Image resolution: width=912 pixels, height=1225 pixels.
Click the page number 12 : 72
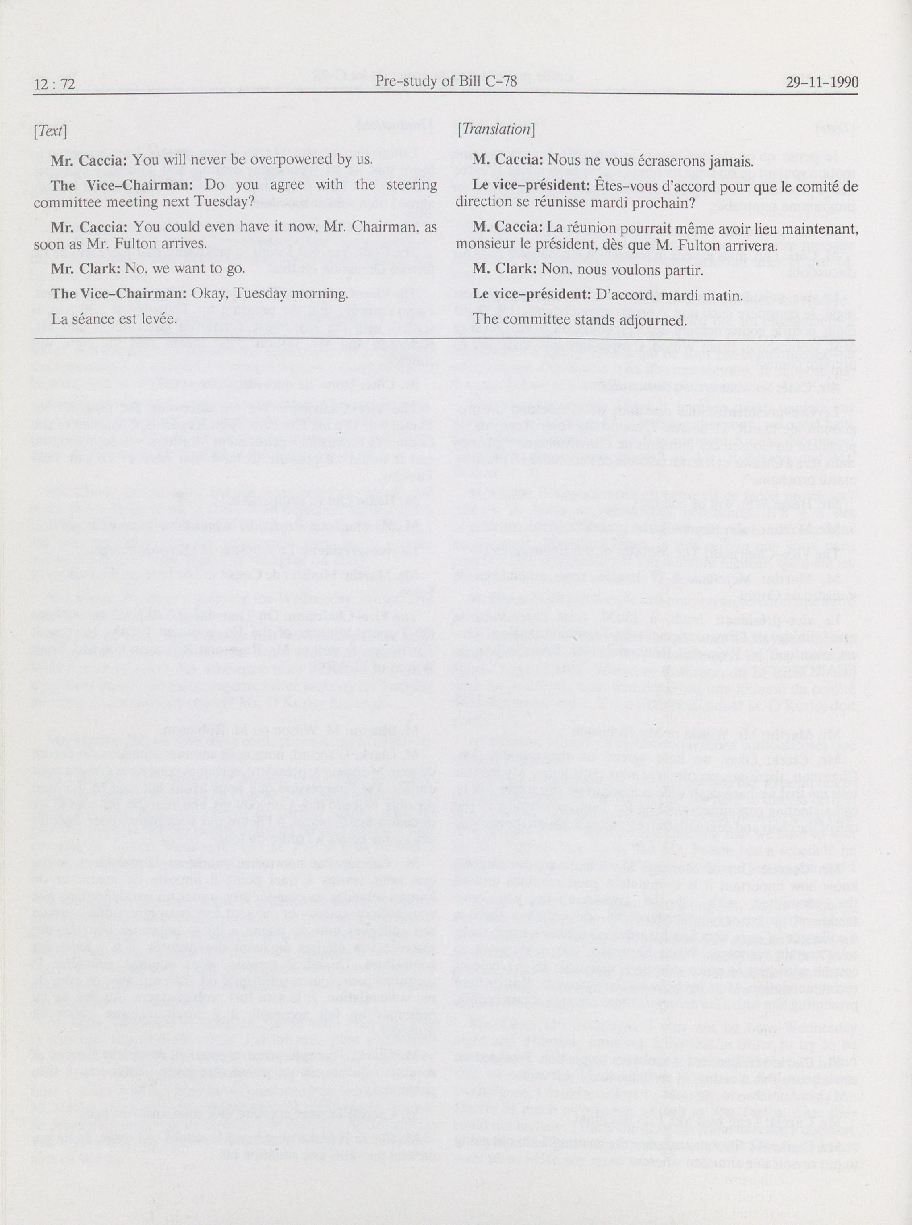pos(54,84)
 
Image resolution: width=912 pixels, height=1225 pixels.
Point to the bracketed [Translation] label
pos(496,130)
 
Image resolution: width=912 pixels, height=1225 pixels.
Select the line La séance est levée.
pos(114,319)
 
